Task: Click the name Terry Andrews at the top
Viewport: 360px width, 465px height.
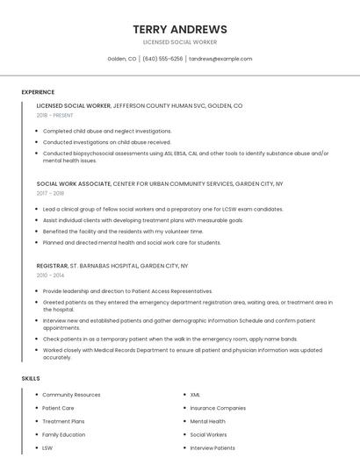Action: [x=179, y=29]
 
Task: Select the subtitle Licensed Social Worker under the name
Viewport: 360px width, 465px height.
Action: [x=179, y=42]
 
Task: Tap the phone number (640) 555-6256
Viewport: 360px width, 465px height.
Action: [x=162, y=59]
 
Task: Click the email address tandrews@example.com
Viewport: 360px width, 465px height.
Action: [x=220, y=59]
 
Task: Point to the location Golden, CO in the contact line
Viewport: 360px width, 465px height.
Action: [x=122, y=59]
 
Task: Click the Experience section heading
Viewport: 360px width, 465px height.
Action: [x=38, y=92]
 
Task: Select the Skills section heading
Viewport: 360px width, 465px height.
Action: [x=31, y=378]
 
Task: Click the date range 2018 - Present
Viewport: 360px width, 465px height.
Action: [x=54, y=115]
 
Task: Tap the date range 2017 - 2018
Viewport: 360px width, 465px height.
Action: [x=50, y=194]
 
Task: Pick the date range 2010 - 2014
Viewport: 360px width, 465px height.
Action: [x=50, y=275]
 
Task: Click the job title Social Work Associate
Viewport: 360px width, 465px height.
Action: [x=74, y=184]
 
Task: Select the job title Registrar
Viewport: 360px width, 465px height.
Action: [x=52, y=265]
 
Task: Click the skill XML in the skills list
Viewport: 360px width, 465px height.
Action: [x=195, y=395]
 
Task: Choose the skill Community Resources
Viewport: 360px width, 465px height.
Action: [x=71, y=395]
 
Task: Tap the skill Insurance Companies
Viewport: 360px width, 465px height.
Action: [x=218, y=408]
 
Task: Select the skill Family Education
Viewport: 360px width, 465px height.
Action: [x=63, y=434]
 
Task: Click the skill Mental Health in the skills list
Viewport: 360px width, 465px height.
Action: [x=207, y=421]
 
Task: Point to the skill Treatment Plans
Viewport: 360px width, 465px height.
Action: [x=63, y=421]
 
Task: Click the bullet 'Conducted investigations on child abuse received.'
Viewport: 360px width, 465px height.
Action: [x=106, y=142]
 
